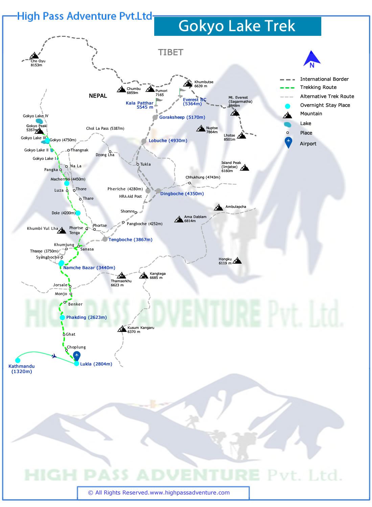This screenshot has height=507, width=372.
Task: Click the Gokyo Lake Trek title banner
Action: point(237,26)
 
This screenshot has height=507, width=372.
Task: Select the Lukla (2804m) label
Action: point(96,364)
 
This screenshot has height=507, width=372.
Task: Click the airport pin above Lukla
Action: point(77,356)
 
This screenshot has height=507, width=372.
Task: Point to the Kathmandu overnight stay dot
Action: point(18,360)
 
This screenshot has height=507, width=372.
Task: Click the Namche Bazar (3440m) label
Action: point(89,268)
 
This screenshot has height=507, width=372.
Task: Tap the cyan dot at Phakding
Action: point(62,317)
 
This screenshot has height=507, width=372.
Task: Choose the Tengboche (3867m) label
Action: point(130,240)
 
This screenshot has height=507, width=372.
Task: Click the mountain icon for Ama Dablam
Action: point(179,219)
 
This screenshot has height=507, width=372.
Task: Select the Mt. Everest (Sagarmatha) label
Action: point(240,101)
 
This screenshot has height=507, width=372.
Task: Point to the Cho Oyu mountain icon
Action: point(34,55)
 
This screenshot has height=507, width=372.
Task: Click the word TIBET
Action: point(170,52)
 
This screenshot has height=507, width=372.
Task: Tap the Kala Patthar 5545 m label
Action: point(140,105)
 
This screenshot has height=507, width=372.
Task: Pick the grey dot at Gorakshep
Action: point(155,117)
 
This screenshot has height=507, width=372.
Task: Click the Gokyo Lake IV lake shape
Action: point(39,121)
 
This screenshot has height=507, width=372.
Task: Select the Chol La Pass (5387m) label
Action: point(105,128)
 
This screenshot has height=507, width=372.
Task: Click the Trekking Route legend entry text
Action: point(318,87)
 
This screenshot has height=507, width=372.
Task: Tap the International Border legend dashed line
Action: point(287,80)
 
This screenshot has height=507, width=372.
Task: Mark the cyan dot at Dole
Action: point(78,213)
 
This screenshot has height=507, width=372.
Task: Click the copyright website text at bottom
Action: point(159,492)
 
